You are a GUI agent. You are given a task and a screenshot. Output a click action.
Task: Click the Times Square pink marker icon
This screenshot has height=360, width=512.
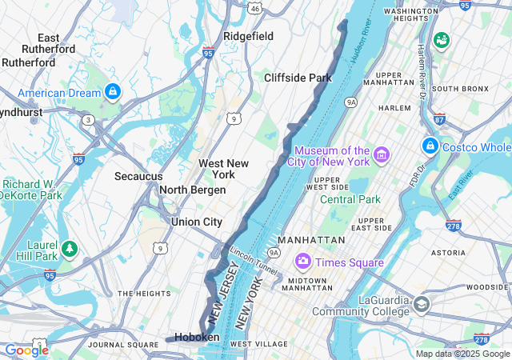[x=303, y=262]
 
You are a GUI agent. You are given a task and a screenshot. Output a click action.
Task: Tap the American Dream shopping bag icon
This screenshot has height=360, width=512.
[x=112, y=93]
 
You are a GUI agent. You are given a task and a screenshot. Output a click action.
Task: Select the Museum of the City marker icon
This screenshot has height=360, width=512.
[x=381, y=152]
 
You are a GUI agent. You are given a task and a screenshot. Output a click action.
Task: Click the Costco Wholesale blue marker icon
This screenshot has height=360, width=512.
[x=430, y=146]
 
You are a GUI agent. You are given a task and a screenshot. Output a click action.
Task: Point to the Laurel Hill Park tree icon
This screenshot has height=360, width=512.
[x=70, y=250]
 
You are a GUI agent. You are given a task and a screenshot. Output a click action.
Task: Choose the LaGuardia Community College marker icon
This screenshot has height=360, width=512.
[x=422, y=304]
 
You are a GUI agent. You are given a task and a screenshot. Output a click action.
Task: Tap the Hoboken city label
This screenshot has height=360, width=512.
[x=197, y=338]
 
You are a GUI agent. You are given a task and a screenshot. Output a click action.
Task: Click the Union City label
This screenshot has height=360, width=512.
[x=196, y=222]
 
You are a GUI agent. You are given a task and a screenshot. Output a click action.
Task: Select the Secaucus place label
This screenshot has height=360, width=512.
[x=138, y=176]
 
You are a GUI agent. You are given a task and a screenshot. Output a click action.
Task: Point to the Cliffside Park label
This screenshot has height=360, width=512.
[x=298, y=78]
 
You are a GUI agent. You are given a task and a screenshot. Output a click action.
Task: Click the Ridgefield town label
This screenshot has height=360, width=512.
[x=248, y=36]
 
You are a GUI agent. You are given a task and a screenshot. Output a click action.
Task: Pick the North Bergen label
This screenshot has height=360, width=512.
[x=192, y=190]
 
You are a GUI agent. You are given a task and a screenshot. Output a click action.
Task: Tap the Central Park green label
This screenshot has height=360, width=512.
[x=350, y=199]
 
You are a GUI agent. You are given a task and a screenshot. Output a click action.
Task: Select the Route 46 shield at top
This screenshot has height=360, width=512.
[x=254, y=8]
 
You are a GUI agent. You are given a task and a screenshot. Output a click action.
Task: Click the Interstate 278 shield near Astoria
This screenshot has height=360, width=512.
[x=453, y=226]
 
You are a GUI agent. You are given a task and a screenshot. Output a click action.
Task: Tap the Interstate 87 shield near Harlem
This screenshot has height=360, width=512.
[x=439, y=119]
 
